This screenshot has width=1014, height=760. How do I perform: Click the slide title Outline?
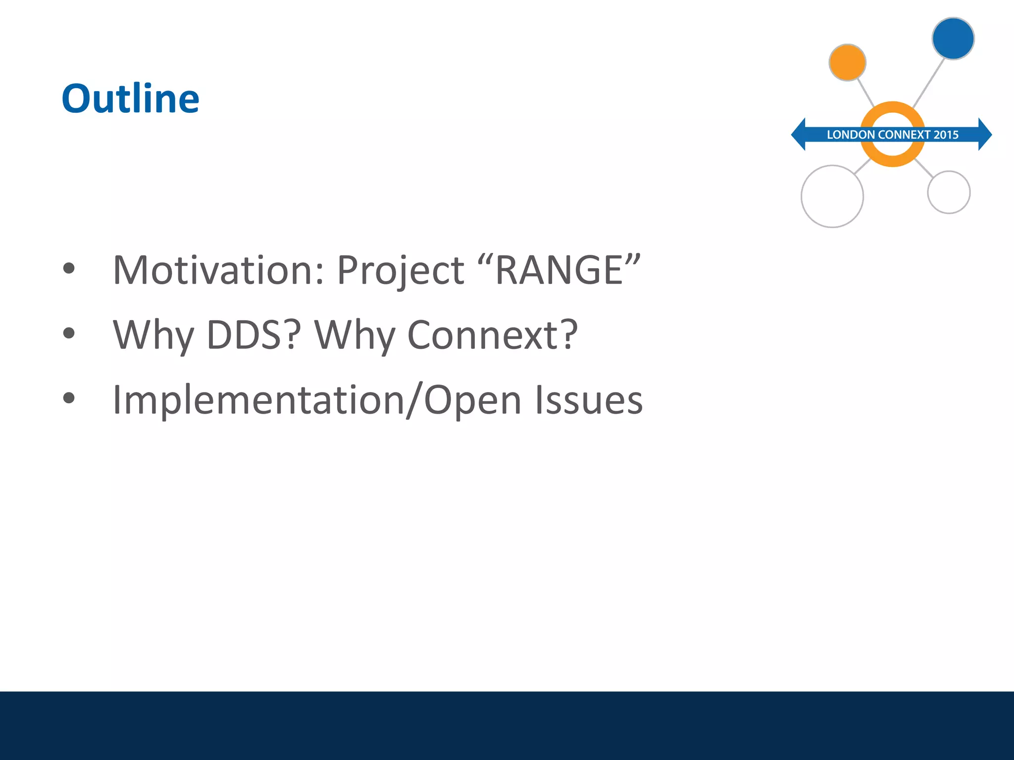pos(130,99)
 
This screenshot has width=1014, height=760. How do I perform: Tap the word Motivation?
pos(218,271)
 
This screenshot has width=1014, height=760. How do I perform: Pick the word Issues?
pos(588,400)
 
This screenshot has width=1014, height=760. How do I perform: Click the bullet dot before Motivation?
pos(69,269)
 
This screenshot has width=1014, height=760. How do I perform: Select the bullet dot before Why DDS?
pos(69,333)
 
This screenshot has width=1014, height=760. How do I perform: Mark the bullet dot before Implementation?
pos(69,398)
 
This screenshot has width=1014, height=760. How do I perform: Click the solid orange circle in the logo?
pos(847,62)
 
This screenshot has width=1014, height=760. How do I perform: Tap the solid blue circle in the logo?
pos(953,39)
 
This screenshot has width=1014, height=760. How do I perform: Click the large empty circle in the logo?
pos(832,196)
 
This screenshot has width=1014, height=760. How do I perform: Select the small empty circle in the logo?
pos(948,192)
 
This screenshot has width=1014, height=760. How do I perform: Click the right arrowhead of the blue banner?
pos(985,134)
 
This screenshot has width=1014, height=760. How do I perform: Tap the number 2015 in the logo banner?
pos(946,135)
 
